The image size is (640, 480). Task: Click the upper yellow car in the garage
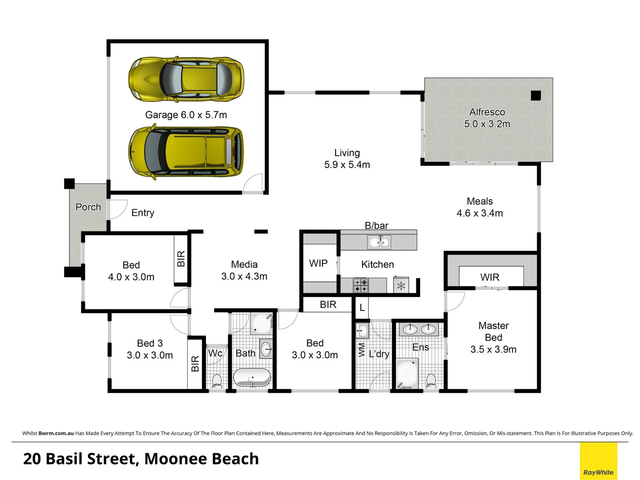(x=186, y=79)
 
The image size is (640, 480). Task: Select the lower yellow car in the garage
(x=186, y=152)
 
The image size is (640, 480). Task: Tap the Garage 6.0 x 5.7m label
(x=186, y=115)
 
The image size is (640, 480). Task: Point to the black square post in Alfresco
(x=535, y=95)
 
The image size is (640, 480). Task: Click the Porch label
(x=88, y=207)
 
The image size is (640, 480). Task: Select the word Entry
(x=143, y=213)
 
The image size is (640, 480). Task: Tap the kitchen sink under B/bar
(x=378, y=242)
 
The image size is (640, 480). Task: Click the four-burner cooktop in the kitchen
(x=361, y=285)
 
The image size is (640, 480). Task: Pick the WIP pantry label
(x=318, y=264)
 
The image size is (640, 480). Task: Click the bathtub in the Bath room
(x=252, y=378)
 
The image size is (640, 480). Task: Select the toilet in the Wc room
(x=217, y=381)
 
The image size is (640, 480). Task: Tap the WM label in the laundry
(x=361, y=350)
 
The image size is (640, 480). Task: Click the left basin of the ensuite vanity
(x=410, y=329)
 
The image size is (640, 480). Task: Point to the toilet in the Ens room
(x=431, y=380)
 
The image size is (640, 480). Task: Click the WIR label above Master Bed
(x=490, y=277)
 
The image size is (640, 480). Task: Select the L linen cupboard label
(x=362, y=308)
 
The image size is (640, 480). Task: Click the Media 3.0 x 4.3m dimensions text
(x=244, y=276)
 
